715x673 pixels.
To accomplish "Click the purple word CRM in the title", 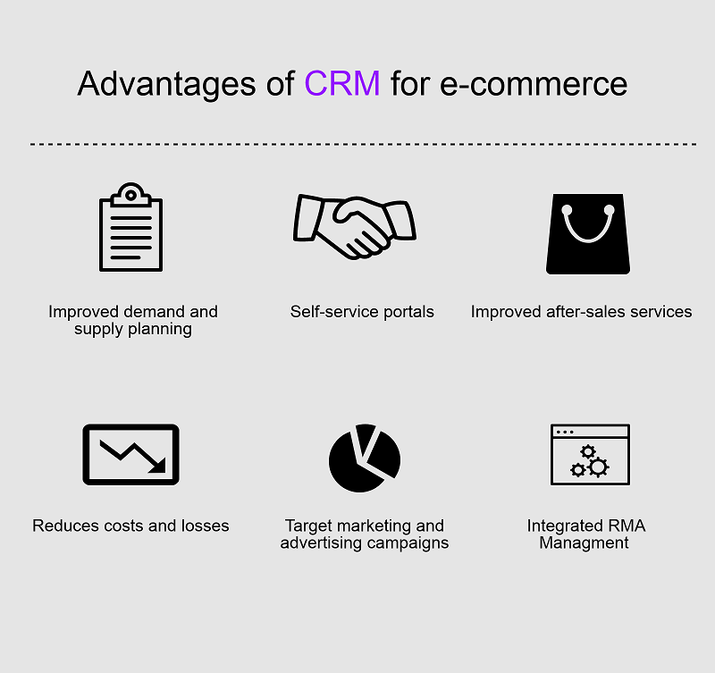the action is coord(342,83).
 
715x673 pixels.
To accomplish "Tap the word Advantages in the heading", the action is coord(167,84).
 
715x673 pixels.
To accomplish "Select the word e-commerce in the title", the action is coord(534,84).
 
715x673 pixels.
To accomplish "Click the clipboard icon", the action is coord(130,227).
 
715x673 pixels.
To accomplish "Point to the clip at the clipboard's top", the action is coord(130,195).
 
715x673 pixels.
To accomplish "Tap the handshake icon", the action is coord(354,227).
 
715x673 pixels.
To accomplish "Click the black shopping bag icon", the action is coord(588,234).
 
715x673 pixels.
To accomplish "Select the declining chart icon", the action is coord(130,455).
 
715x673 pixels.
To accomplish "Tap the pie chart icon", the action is coord(365,458).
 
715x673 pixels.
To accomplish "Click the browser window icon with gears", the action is coord(590,455).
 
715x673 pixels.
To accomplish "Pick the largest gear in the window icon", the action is coord(598,467).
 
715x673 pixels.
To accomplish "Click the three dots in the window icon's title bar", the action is coord(565,432).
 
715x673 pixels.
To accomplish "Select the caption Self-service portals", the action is coord(362,312).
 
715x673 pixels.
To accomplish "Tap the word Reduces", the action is coord(65,526).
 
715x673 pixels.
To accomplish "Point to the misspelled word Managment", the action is coord(584,543).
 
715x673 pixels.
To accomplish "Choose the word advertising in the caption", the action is coord(321,543).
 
